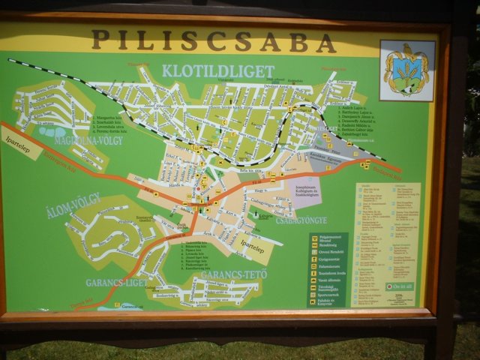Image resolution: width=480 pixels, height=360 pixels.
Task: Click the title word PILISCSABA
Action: pos(214,40)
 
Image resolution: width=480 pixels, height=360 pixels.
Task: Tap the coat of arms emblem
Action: pos(407,70)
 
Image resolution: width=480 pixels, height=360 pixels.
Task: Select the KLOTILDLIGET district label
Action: pos(217,71)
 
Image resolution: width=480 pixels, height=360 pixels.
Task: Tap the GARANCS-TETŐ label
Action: pos(229,275)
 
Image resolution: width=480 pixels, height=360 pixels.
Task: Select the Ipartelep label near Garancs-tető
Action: pos(248,245)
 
